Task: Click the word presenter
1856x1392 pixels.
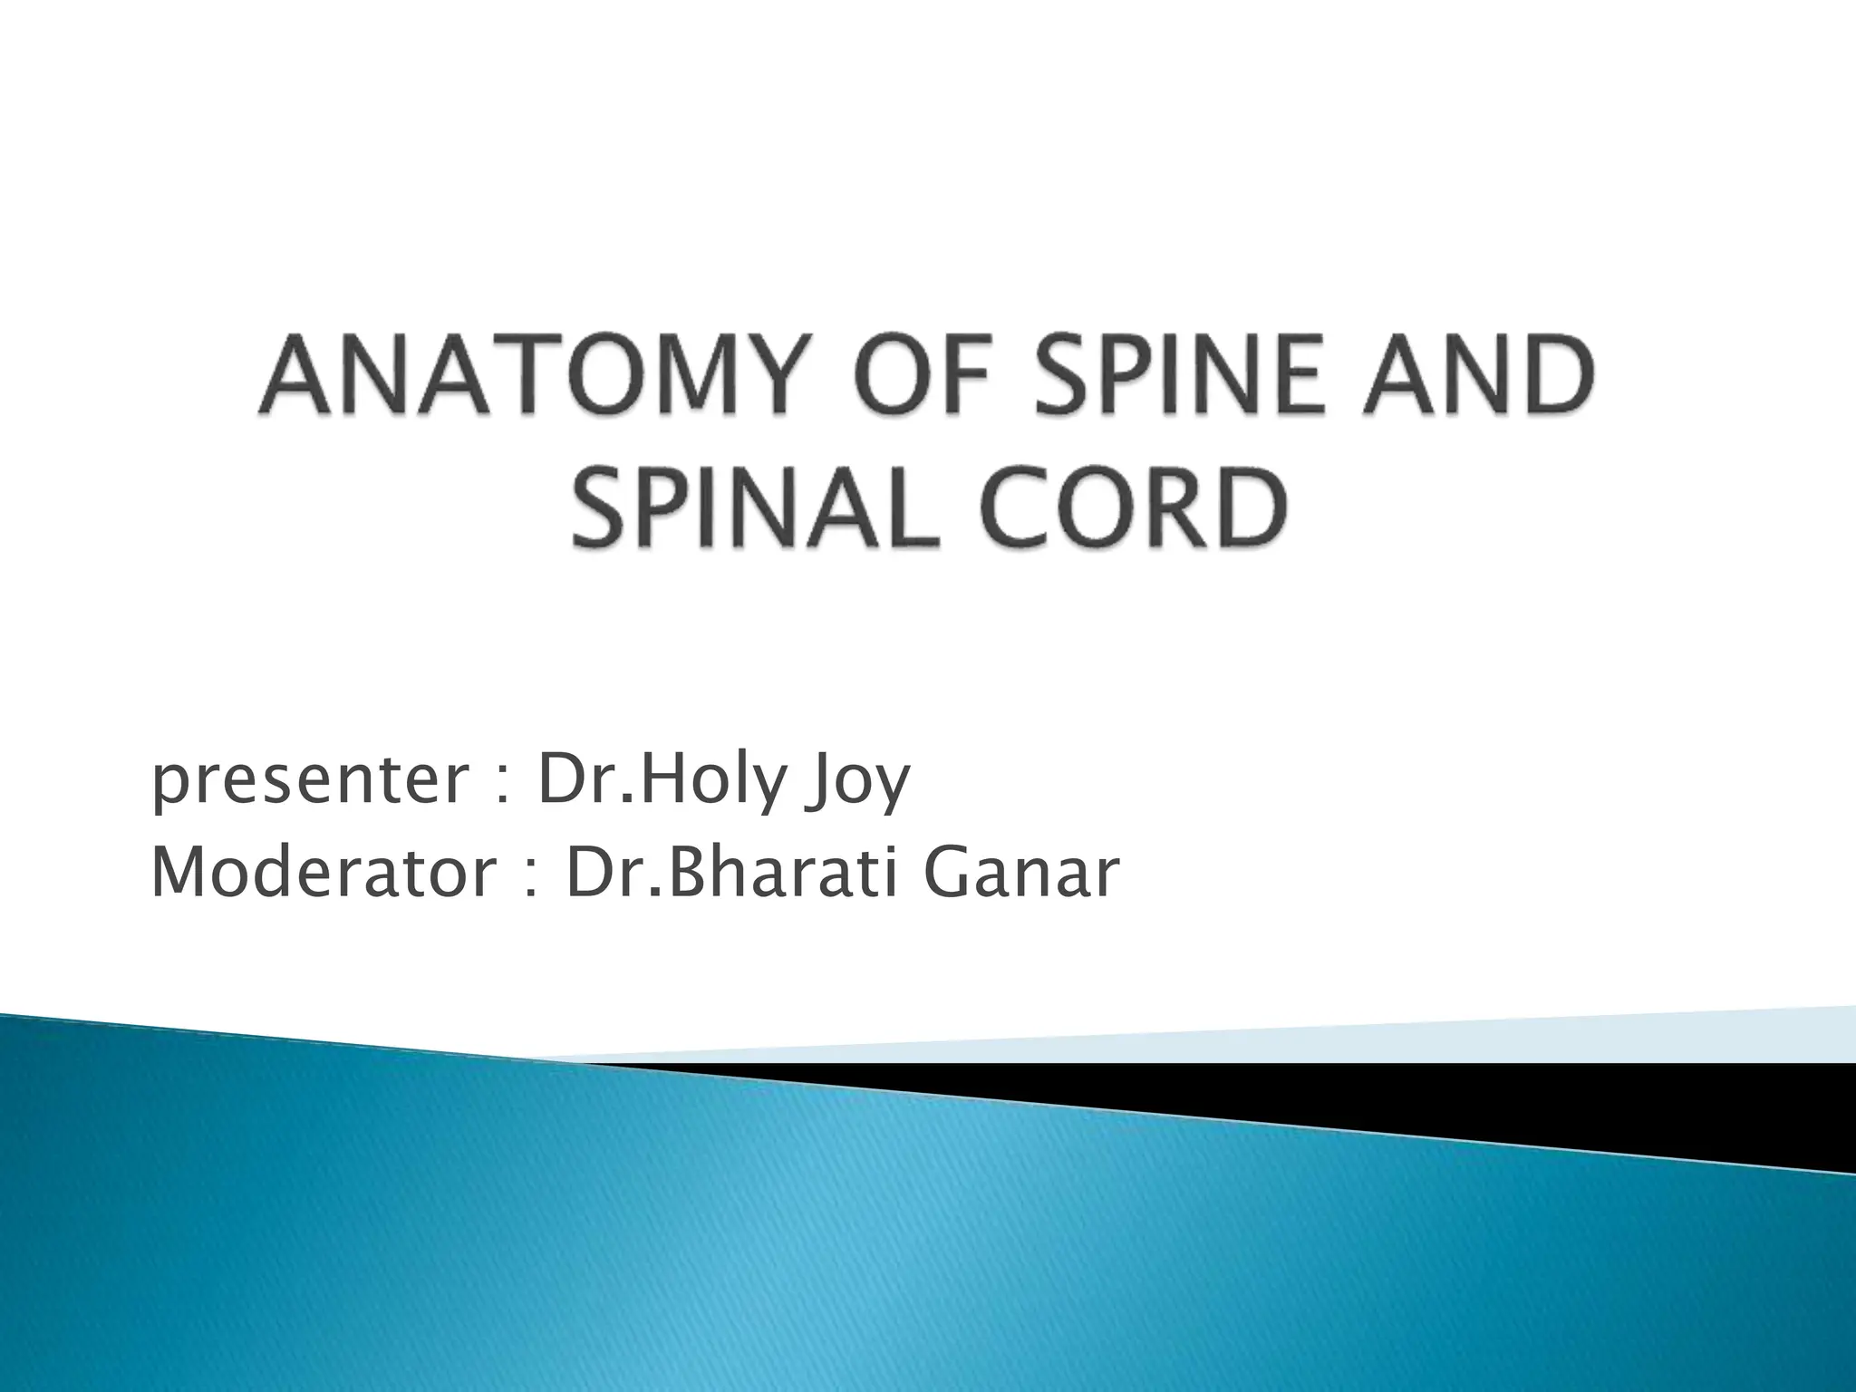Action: tap(307, 781)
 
